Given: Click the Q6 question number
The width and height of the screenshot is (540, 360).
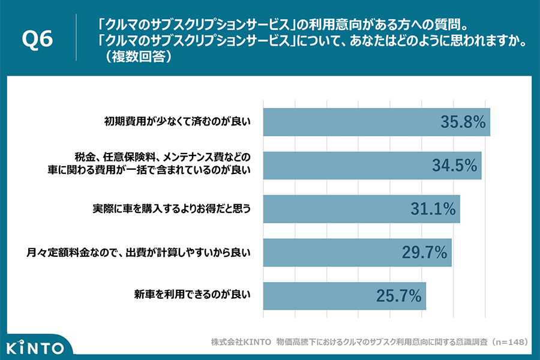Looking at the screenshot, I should tap(37, 40).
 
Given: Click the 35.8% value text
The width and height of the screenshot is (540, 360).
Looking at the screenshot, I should tap(462, 122).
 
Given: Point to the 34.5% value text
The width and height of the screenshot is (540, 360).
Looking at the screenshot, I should tap(454, 166).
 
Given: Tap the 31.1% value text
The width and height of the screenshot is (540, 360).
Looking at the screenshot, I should tap(433, 209).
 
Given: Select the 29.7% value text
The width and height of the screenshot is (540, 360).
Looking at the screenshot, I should tap(424, 253).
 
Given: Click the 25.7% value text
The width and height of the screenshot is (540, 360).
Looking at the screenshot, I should tap(398, 296).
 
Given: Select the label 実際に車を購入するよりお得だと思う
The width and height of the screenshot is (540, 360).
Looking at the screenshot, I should tap(170, 209).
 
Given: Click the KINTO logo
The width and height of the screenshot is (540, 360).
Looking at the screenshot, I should tap(35, 347).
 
